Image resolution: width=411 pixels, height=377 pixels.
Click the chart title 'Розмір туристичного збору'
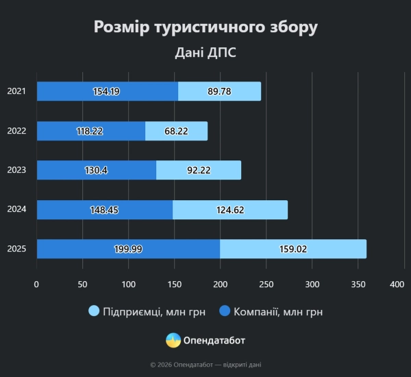click(x=206, y=27)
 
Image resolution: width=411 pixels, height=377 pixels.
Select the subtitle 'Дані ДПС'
click(x=206, y=53)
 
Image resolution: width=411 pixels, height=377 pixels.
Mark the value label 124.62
click(x=229, y=210)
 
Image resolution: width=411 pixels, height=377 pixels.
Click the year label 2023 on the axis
click(x=16, y=170)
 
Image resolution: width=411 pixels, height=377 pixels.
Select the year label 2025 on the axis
click(x=16, y=249)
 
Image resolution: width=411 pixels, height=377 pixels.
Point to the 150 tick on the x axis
click(x=175, y=283)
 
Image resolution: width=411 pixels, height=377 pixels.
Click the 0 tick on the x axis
click(x=37, y=283)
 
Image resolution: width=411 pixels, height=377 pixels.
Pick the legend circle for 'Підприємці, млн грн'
click(x=95, y=312)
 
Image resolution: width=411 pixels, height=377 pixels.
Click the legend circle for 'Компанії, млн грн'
click(x=224, y=312)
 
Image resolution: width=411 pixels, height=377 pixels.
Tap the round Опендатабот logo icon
click(x=173, y=340)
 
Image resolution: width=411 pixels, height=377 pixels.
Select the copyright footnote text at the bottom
click(x=206, y=365)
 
